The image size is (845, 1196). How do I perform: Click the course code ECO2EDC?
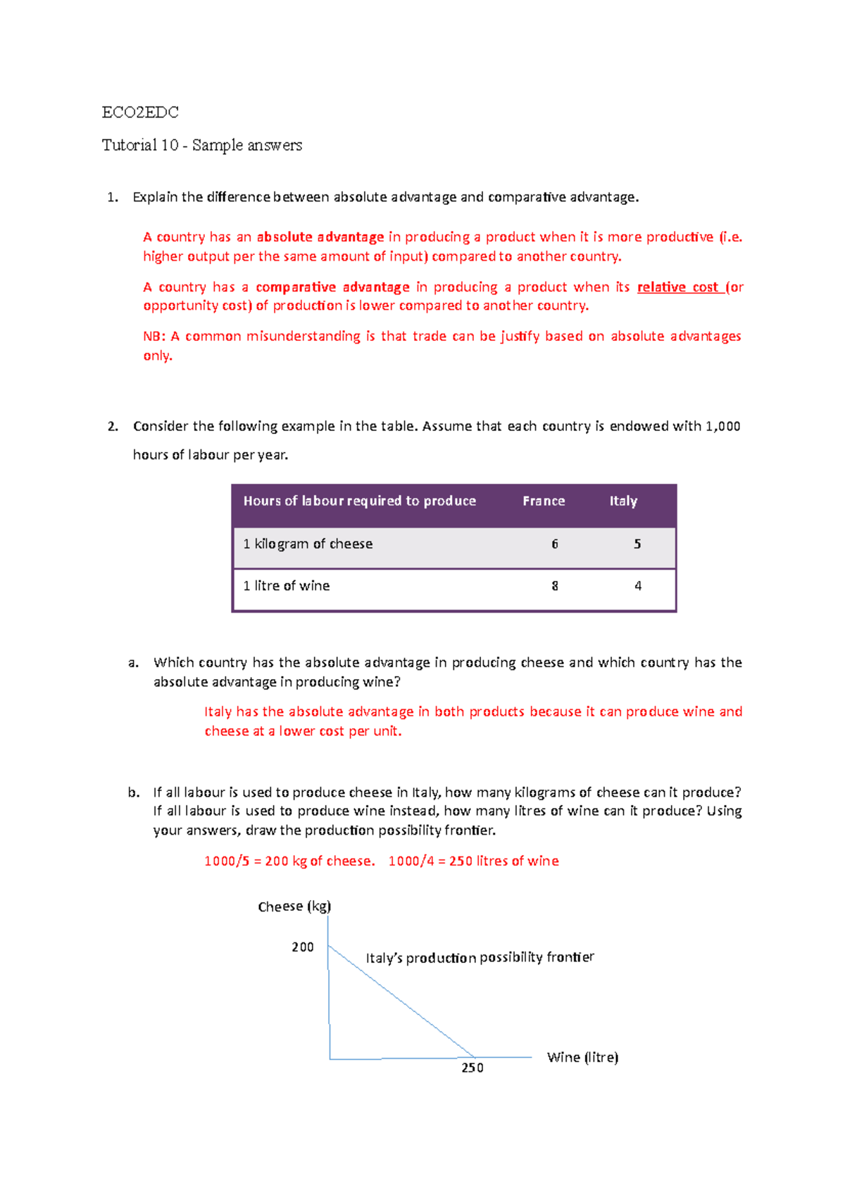(x=140, y=112)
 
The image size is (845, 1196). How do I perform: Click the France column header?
(x=543, y=501)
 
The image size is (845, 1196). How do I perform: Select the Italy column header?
(x=623, y=501)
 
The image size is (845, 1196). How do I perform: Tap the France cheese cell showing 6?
(x=555, y=544)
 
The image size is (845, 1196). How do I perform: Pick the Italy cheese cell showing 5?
(x=637, y=544)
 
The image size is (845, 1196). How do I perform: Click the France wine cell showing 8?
(x=555, y=586)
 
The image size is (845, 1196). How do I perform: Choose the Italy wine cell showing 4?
(x=638, y=586)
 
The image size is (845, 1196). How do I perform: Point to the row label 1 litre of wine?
(x=287, y=586)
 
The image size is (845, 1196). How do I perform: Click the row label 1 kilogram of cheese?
(x=308, y=544)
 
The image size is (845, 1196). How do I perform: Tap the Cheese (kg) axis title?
(x=294, y=907)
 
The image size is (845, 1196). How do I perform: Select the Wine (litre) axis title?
(x=582, y=1057)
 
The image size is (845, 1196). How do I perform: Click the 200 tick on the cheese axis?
(x=303, y=947)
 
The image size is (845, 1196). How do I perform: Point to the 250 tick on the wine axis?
(x=472, y=1068)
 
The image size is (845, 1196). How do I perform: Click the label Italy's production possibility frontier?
(x=480, y=957)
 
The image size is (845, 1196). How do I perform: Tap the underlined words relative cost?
(x=677, y=287)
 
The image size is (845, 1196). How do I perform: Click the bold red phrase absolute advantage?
(x=320, y=237)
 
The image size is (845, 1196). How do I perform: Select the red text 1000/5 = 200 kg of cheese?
(x=289, y=861)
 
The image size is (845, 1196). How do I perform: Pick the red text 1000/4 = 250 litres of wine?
(x=473, y=861)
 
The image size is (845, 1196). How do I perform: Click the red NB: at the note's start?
(x=154, y=337)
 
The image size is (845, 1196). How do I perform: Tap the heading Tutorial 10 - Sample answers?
(x=202, y=145)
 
